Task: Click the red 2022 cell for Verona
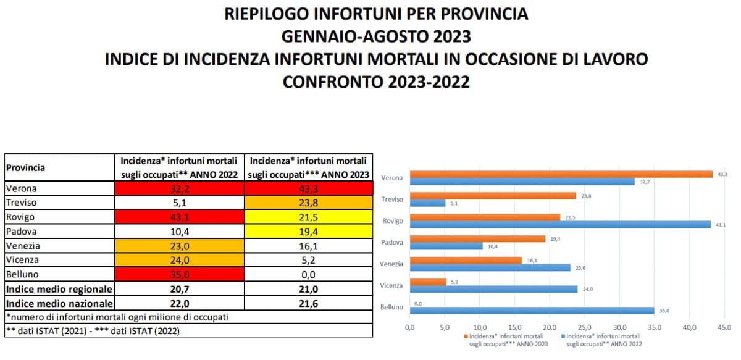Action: pyautogui.click(x=179, y=188)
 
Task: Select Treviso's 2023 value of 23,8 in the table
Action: pyautogui.click(x=309, y=202)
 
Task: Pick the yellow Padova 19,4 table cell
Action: pyautogui.click(x=309, y=231)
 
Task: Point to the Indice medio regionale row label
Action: pyautogui.click(x=59, y=288)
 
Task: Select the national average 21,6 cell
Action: pyautogui.click(x=309, y=303)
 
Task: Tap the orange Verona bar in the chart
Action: pyautogui.click(x=561, y=174)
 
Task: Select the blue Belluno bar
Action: pyautogui.click(x=532, y=311)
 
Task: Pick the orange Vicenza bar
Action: pyautogui.click(x=427, y=282)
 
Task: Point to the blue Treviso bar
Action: pyautogui.click(x=427, y=203)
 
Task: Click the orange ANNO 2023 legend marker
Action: pyautogui.click(x=465, y=337)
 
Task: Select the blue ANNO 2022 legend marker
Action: pyautogui.click(x=563, y=337)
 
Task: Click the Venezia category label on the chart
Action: pyautogui.click(x=391, y=264)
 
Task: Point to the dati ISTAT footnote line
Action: pyautogui.click(x=93, y=330)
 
